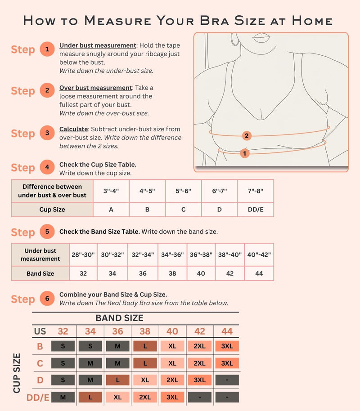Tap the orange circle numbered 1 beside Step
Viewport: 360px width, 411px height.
[x=47, y=49]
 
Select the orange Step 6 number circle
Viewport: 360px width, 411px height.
[x=47, y=299]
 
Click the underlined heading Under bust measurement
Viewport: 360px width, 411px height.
[x=98, y=45]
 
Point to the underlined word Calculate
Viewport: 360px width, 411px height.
[x=73, y=130]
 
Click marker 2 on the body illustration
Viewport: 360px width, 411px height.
[x=246, y=135]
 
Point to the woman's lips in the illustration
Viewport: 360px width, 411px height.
[x=261, y=38]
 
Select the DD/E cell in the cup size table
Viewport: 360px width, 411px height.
[x=256, y=210]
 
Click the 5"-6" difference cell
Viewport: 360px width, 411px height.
[x=183, y=191]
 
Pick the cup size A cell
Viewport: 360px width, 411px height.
[x=111, y=210]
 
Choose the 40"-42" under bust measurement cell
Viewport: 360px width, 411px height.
[x=259, y=255]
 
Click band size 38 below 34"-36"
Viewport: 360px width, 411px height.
[x=172, y=273]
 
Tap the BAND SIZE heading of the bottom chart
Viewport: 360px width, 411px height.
[x=119, y=318]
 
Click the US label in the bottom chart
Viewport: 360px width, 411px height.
[x=40, y=331]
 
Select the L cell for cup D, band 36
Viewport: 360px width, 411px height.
[x=117, y=380]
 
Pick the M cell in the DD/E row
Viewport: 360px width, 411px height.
[x=63, y=397]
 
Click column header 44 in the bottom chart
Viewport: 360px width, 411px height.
[x=227, y=331]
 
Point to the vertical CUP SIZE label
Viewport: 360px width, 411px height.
[x=17, y=373]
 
